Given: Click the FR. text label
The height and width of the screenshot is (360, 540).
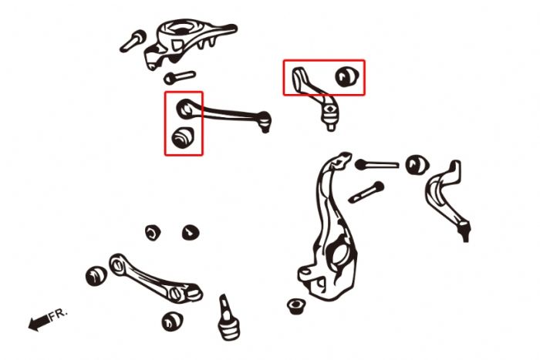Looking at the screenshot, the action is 58,315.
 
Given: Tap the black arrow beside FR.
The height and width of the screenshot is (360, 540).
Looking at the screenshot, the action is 39,322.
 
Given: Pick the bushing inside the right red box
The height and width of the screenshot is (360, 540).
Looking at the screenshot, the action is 347,77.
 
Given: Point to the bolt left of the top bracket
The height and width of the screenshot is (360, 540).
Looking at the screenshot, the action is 133,41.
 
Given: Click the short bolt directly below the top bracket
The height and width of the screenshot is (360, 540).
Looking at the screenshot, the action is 180,77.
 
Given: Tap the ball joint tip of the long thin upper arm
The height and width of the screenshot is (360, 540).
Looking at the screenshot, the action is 264,122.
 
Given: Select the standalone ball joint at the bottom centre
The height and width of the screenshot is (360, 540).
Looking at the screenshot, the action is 228,318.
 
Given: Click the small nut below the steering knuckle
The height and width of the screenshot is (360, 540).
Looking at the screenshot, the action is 296,306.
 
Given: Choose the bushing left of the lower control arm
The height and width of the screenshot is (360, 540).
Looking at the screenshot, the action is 96,275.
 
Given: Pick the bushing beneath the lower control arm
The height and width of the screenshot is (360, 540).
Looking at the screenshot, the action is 172,321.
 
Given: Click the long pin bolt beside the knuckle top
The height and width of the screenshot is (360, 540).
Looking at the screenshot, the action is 376,164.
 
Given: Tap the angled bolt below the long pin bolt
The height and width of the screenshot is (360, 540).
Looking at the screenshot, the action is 366,193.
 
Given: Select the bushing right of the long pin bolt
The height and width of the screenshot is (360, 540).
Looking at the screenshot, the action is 417,164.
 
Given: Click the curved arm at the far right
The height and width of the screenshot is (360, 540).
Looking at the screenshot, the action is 447,199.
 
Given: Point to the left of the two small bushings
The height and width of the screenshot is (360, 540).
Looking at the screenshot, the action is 153,233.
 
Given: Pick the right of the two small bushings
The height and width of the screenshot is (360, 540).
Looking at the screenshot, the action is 191,232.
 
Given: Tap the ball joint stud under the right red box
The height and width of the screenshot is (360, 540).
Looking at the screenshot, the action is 330,116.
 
